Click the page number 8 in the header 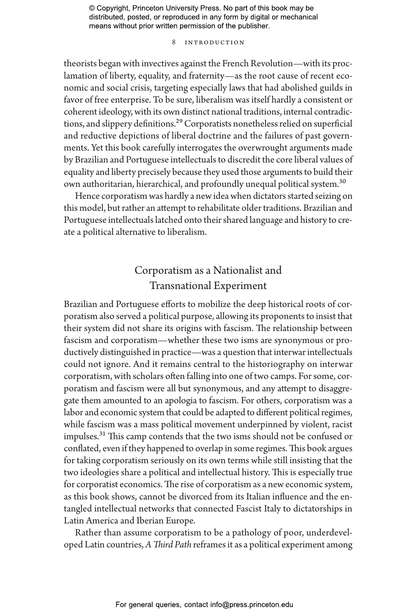point(174,42)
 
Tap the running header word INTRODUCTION point(214,43)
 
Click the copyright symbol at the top point(92,8)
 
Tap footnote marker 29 point(179,122)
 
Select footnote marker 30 point(342,181)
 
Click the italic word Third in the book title point(162,545)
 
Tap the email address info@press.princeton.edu point(251,604)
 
